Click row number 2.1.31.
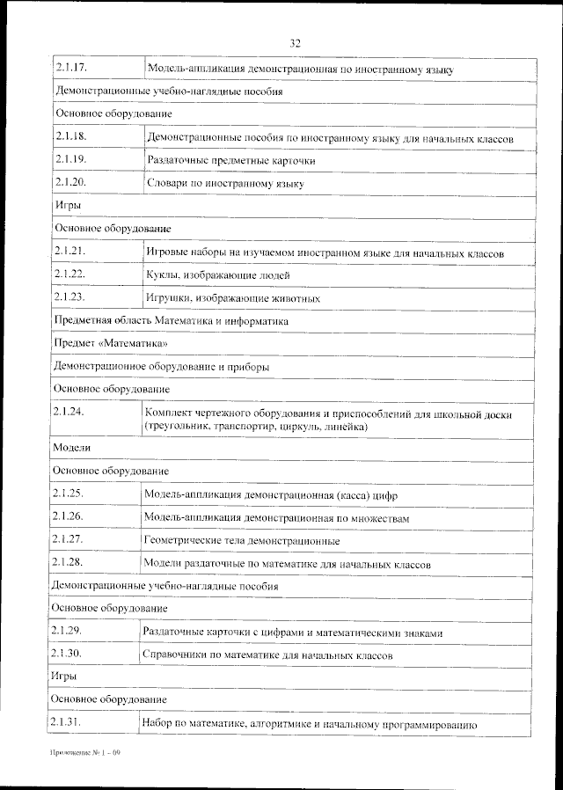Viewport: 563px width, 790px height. click(x=67, y=723)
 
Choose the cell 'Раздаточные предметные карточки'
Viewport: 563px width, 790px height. click(x=230, y=161)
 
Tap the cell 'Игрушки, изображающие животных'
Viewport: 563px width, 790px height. click(x=232, y=298)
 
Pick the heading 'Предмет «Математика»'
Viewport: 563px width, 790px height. click(x=109, y=343)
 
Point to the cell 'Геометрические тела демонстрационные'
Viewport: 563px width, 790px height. click(x=241, y=540)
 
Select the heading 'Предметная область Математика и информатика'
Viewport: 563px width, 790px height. click(x=171, y=321)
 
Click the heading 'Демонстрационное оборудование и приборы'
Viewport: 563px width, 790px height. click(x=161, y=366)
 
